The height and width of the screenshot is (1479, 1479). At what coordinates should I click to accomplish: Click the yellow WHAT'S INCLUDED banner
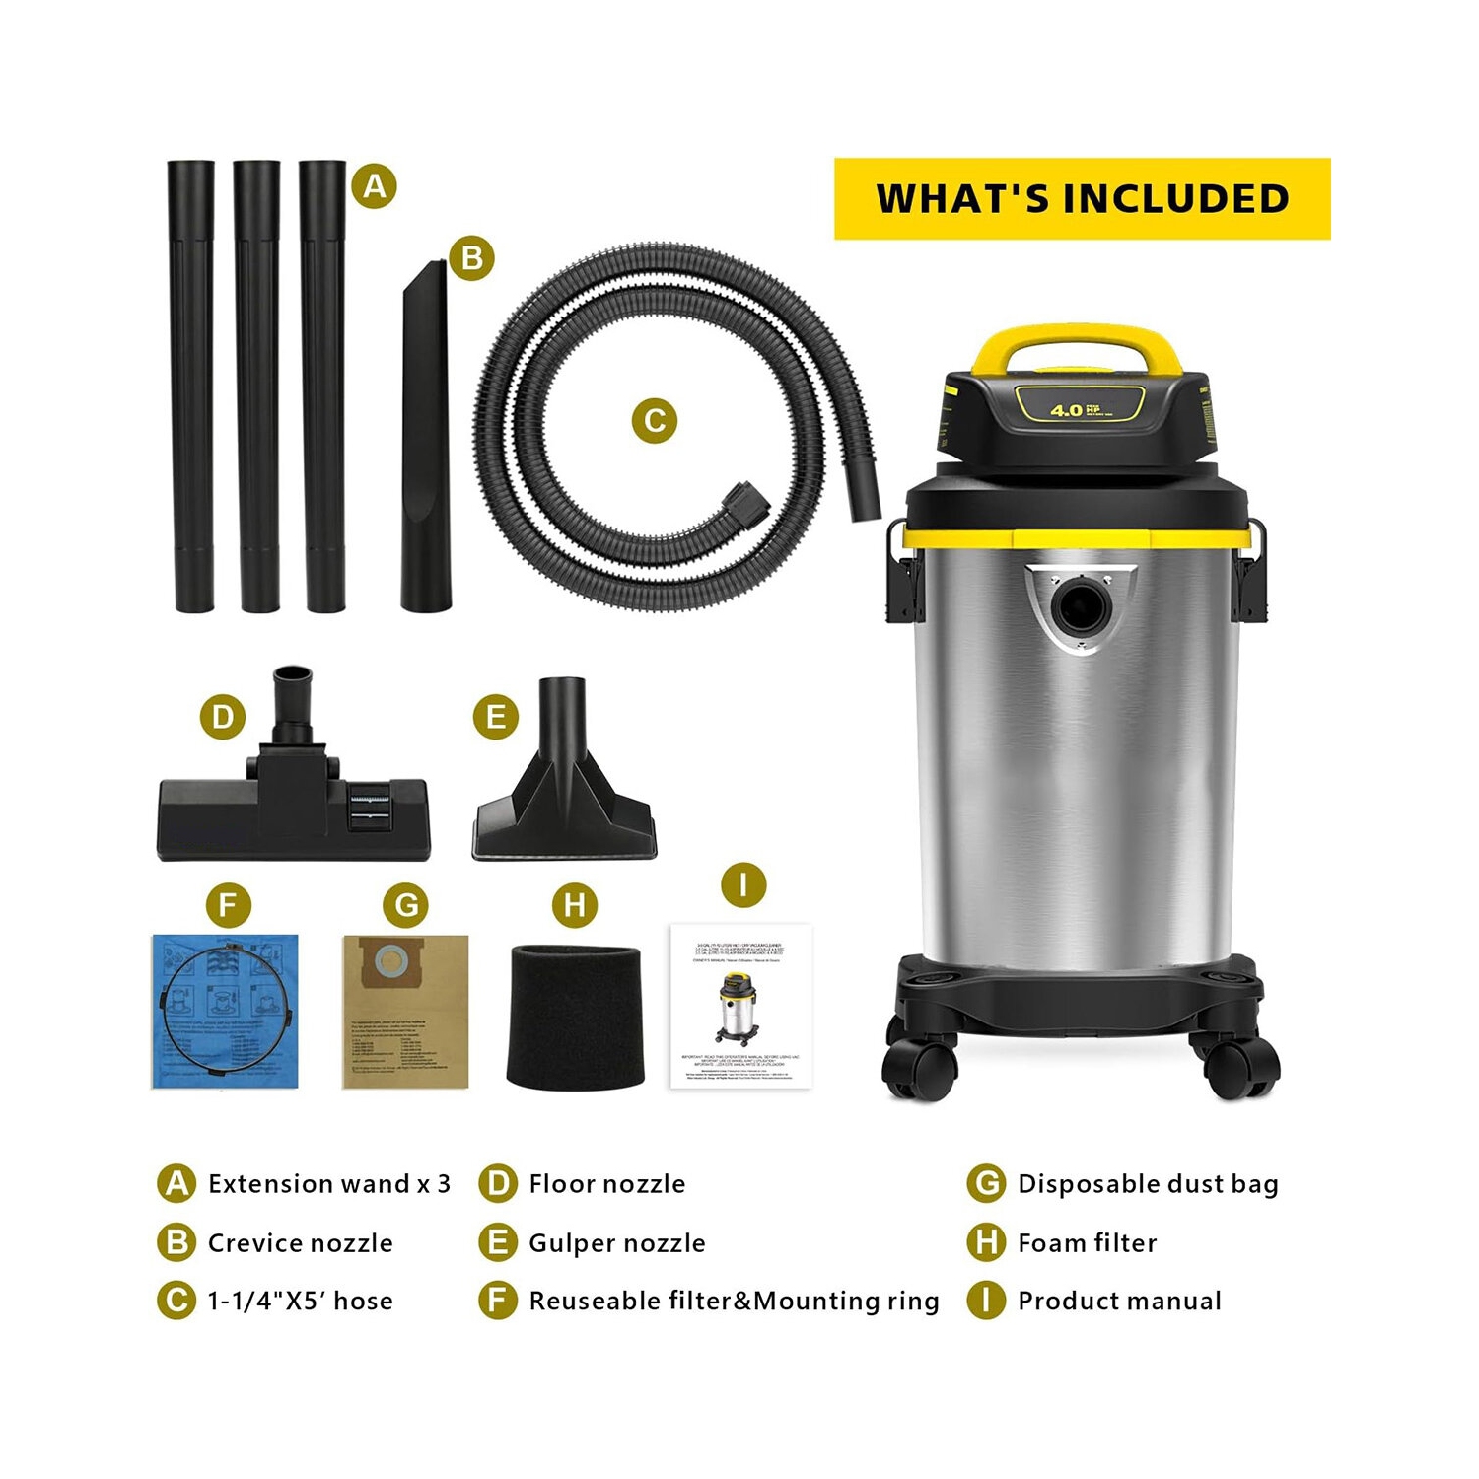1082,198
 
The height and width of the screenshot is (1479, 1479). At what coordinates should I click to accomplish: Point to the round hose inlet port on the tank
1078,605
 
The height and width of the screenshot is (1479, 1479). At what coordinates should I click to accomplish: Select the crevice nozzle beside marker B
426,444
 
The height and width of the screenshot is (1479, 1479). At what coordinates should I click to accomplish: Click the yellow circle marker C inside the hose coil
654,421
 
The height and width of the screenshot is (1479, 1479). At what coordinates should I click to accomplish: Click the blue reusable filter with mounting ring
225,1012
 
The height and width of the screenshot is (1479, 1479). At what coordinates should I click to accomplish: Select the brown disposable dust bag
405,1012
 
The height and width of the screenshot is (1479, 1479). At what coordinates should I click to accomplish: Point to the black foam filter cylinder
574,1016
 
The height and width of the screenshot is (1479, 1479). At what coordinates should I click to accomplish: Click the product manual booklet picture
741,1006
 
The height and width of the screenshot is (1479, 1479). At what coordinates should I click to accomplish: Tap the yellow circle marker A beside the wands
374,185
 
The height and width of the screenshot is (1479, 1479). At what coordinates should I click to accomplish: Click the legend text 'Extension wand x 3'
328,1183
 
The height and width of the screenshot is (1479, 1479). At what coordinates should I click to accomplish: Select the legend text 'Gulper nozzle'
616,1242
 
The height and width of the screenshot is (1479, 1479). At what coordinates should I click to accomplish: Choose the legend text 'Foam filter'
1087,1242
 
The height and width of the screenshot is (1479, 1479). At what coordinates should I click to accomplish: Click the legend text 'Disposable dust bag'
1148,1183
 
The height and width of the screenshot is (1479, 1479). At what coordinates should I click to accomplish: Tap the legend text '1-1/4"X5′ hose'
300,1301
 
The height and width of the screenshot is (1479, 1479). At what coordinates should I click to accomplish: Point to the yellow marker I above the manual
742,884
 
